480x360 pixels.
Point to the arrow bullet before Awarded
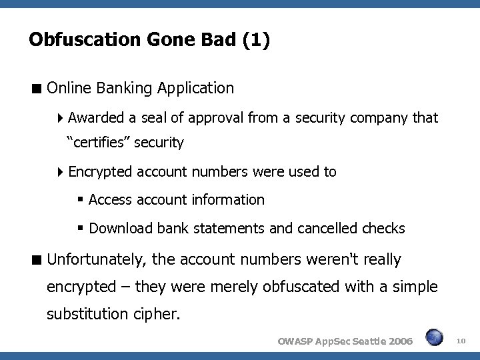tap(61, 119)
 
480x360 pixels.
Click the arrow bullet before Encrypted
tap(61, 172)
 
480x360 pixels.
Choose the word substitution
tap(87, 314)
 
